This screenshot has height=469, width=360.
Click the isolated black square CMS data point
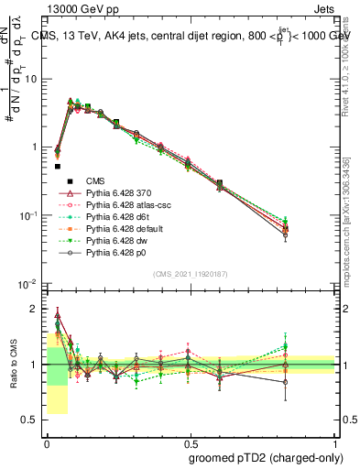[58, 167]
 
